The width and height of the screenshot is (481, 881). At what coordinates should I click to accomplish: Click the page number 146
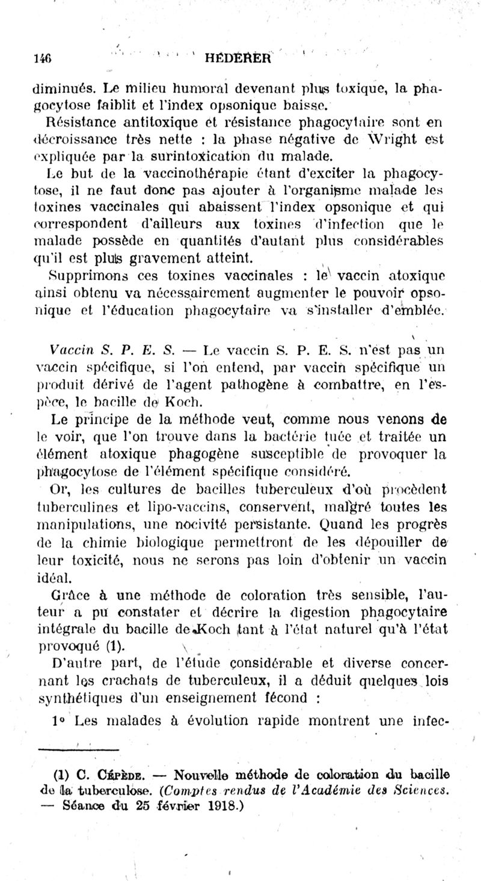(x=42, y=58)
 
